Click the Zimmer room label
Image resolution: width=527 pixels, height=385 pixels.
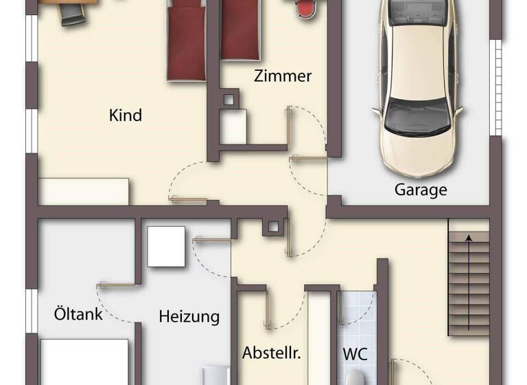pyautogui.click(x=283, y=76)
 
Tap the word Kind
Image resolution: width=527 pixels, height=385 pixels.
pyautogui.click(x=126, y=115)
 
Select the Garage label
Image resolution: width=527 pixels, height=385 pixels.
pyautogui.click(x=421, y=190)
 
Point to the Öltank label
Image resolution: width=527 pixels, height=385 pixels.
pyautogui.click(x=78, y=314)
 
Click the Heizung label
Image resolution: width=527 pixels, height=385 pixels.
pyautogui.click(x=189, y=317)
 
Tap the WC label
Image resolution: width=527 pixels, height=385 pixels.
pyautogui.click(x=355, y=355)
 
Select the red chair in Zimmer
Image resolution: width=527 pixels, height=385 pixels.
pyautogui.click(x=306, y=8)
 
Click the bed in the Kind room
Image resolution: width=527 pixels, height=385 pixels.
pyautogui.click(x=187, y=41)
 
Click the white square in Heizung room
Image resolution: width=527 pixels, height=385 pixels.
pyautogui.click(x=166, y=246)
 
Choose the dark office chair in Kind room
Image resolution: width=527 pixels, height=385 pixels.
pyautogui.click(x=71, y=14)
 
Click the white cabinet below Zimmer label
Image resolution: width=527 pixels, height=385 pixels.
pyautogui.click(x=233, y=126)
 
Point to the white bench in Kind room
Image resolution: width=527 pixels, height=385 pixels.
pyautogui.click(x=84, y=191)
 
